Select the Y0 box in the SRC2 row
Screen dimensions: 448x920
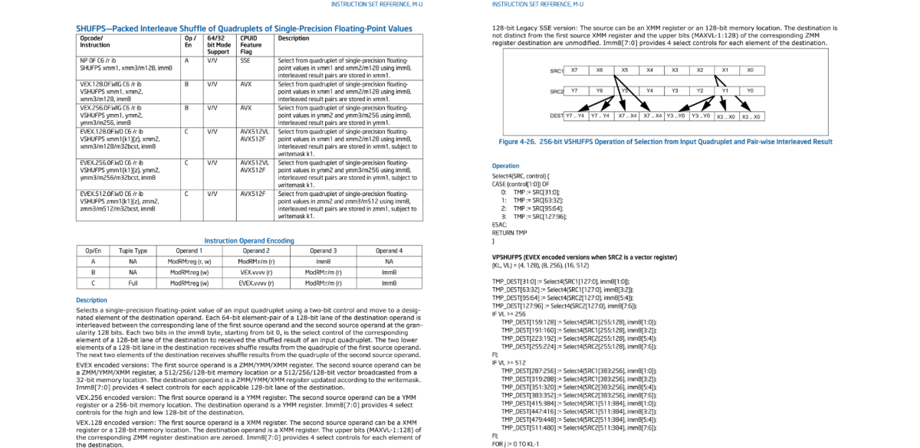coord(751,90)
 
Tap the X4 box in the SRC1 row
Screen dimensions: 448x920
coord(650,70)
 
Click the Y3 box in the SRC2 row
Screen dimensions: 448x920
coord(675,90)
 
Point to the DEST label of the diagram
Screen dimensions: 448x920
coord(557,116)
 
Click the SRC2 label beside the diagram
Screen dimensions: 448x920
coord(557,91)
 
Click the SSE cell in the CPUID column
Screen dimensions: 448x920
coord(245,60)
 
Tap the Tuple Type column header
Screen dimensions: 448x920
coord(133,250)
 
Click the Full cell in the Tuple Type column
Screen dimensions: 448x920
coord(133,283)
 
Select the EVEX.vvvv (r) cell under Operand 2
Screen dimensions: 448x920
coord(256,283)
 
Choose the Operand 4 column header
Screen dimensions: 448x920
coord(389,250)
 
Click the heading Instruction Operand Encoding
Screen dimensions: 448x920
coord(249,240)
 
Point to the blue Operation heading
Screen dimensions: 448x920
coord(505,166)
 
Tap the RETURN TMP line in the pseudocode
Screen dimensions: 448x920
coord(509,233)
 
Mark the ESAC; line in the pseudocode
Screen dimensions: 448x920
coord(499,224)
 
